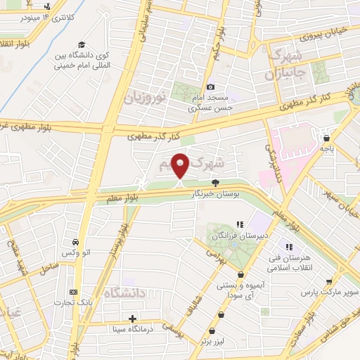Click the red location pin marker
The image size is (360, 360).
coord(181,166)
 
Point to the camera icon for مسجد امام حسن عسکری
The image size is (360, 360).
coord(210,86)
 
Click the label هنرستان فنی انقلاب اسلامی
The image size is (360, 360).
coord(290,261)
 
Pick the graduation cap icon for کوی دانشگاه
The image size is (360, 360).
coord(82,44)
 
